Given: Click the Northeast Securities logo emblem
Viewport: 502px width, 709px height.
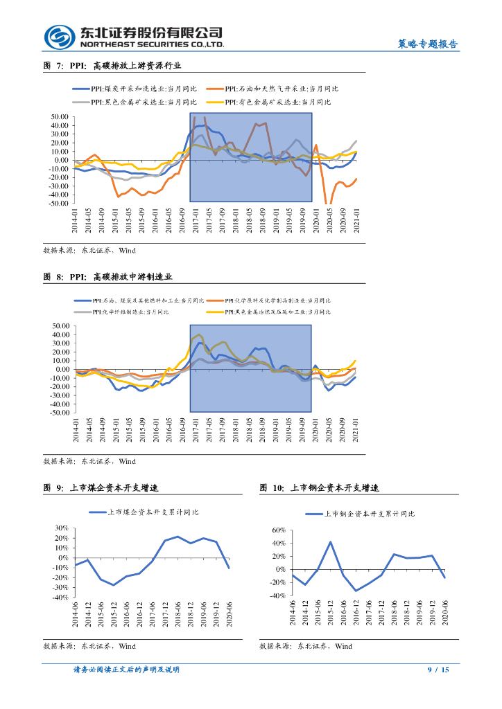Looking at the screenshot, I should coord(59,37).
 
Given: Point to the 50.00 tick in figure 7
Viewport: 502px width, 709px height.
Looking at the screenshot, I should coord(58,118).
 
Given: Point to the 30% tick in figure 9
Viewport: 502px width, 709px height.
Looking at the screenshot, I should coord(61,529).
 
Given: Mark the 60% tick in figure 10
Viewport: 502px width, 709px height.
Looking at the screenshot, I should coord(277,530).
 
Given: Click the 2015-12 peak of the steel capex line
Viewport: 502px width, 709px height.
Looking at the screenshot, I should coord(331,542).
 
